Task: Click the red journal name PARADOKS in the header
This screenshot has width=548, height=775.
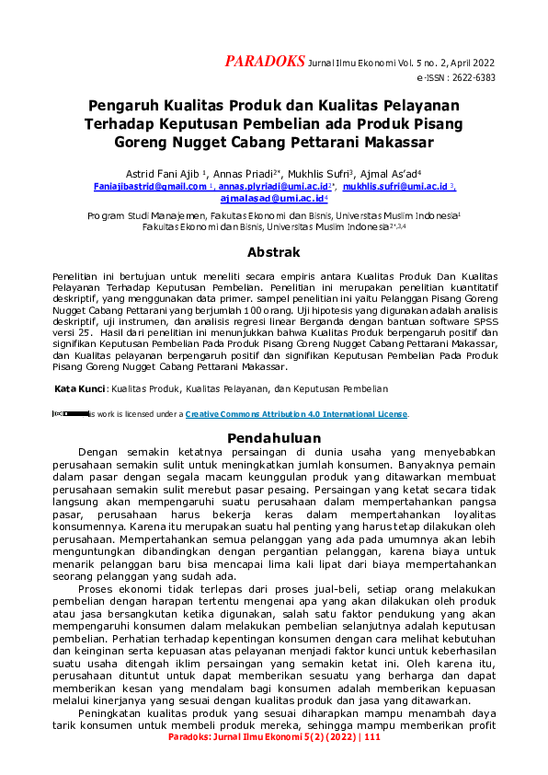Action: click(x=265, y=62)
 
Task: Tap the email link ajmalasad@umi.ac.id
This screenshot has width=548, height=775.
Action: click(x=273, y=198)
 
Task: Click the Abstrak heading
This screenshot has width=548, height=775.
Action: click(x=274, y=251)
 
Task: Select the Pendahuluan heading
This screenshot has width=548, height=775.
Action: click(x=274, y=437)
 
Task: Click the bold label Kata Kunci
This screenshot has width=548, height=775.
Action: click(x=80, y=389)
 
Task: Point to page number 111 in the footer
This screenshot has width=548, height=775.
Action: click(x=371, y=763)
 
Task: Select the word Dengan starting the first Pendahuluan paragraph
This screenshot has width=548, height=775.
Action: click(x=98, y=453)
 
